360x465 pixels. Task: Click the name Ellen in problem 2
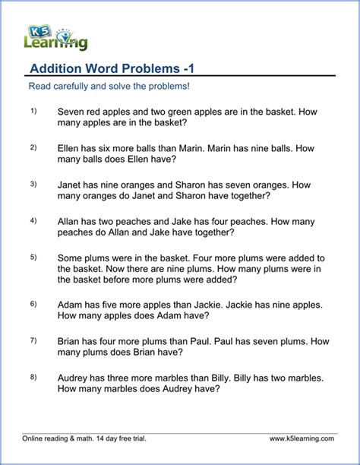click(x=70, y=148)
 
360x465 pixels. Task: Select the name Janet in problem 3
click(x=71, y=185)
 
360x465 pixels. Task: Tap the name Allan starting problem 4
click(x=70, y=221)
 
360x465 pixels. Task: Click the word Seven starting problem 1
click(x=72, y=112)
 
